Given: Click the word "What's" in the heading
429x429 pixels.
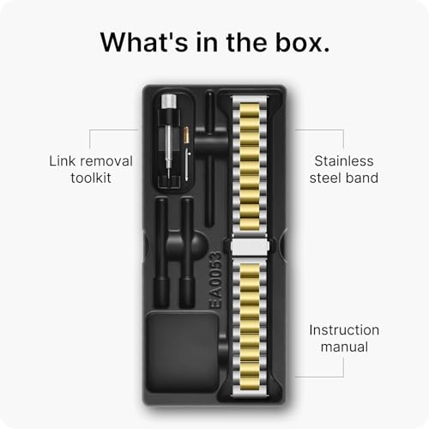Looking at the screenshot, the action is pos(144,42).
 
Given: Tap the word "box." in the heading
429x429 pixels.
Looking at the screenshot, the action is pos(303,42).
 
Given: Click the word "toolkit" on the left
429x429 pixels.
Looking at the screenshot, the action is pos(91,178).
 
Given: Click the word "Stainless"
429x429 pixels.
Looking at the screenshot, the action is pos(344,160).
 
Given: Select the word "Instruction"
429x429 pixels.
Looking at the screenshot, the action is pos(344,330).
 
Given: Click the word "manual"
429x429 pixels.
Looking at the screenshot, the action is pos(344,347).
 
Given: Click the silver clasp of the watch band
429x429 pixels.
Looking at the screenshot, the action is pos(250,246).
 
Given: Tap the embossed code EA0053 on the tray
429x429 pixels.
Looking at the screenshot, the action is pos(215,280).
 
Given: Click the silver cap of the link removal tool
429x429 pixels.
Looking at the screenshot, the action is pos(169,102).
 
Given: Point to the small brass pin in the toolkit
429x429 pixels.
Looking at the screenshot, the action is pos(186,135).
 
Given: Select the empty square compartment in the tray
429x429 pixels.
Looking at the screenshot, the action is pos(182,352).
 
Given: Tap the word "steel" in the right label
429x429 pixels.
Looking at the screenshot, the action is pos(325,178).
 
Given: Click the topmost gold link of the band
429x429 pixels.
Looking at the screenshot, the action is pos(250,108).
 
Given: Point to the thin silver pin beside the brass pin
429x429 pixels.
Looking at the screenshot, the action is pos(187,164).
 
